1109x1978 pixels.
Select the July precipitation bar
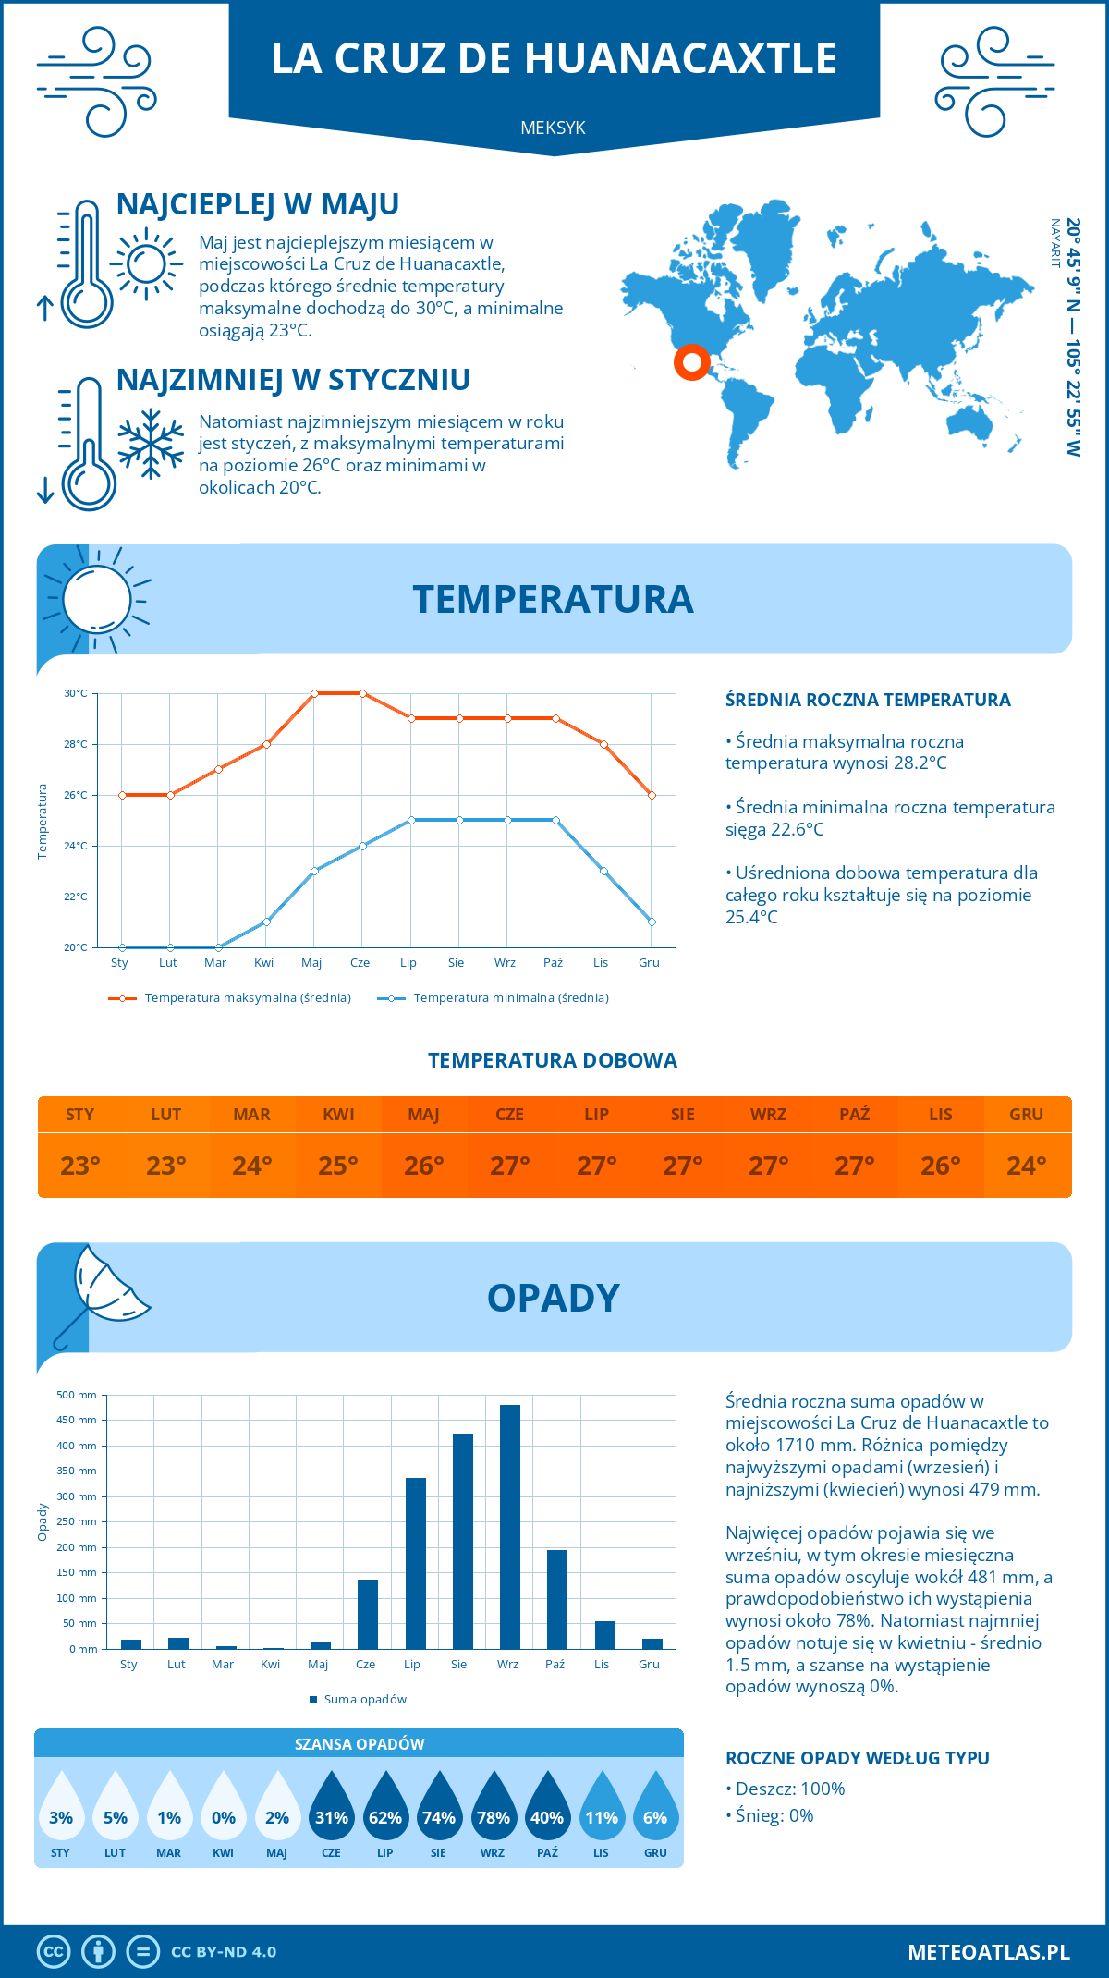[415, 1563]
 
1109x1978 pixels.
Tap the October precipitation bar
[556, 1599]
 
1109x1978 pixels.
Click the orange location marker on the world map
[691, 361]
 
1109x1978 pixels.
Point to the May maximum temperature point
[314, 693]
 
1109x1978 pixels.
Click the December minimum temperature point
[652, 922]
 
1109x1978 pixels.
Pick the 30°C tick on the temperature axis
[76, 693]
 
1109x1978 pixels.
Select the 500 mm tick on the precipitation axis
[77, 1395]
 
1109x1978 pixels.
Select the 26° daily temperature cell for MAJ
[424, 1166]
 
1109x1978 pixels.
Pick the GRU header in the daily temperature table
[1026, 1114]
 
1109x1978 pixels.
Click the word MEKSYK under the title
[553, 128]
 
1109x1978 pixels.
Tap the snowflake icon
[151, 444]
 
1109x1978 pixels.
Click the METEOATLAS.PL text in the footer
[988, 1952]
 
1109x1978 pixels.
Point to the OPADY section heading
[553, 1298]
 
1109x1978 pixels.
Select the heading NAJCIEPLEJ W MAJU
[258, 204]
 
